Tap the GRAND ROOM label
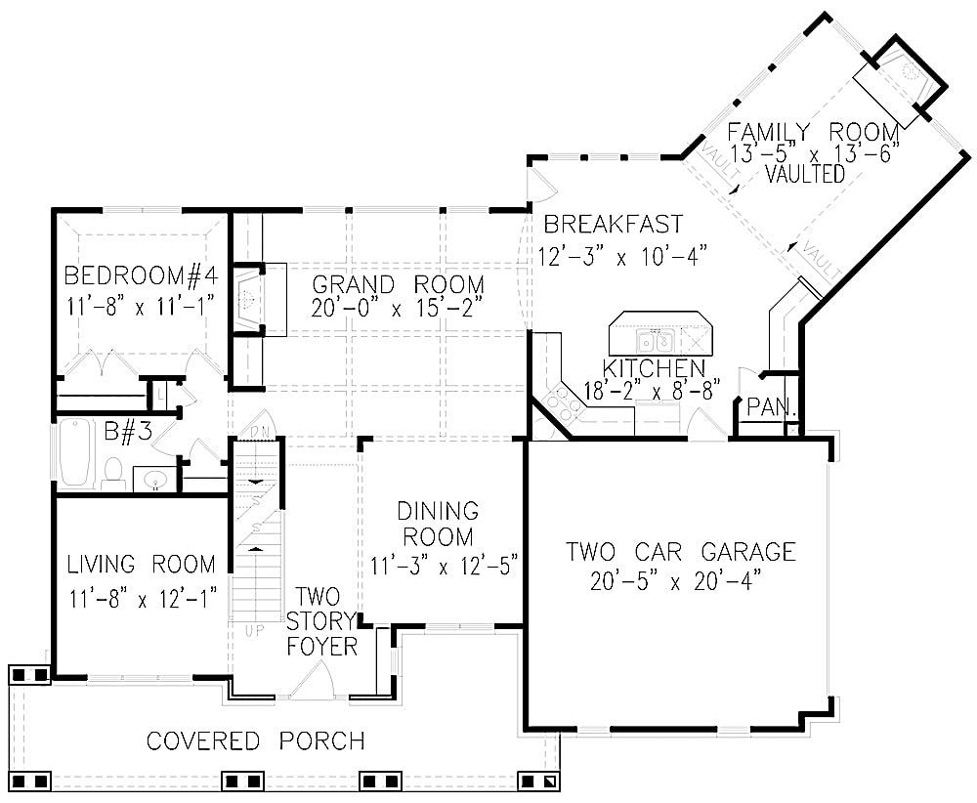(x=398, y=284)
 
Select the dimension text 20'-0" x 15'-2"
(x=398, y=310)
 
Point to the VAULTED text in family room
(x=805, y=175)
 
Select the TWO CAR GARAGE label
(x=681, y=552)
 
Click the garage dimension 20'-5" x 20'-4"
(x=676, y=582)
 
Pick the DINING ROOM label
(x=437, y=524)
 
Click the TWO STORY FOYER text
(x=325, y=621)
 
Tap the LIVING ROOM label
(x=141, y=565)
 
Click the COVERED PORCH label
(x=256, y=740)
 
